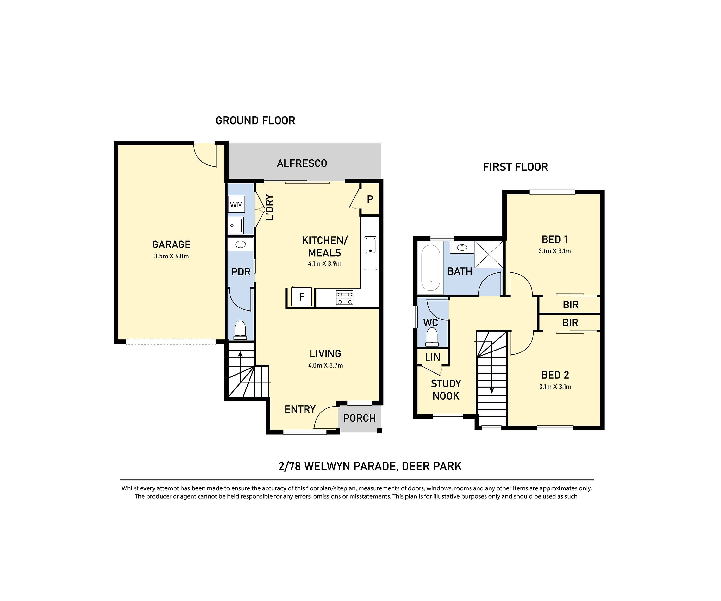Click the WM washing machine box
point(236,204)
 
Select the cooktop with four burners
point(345,298)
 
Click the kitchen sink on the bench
point(370,253)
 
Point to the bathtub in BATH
point(430,268)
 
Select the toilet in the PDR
point(240,330)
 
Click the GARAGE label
point(171,244)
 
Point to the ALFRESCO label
point(302,163)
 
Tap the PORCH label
point(360,418)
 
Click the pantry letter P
point(370,199)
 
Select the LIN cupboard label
point(433,357)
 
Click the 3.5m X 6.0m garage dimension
point(171,256)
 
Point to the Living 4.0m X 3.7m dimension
point(325,365)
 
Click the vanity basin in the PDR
point(240,244)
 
